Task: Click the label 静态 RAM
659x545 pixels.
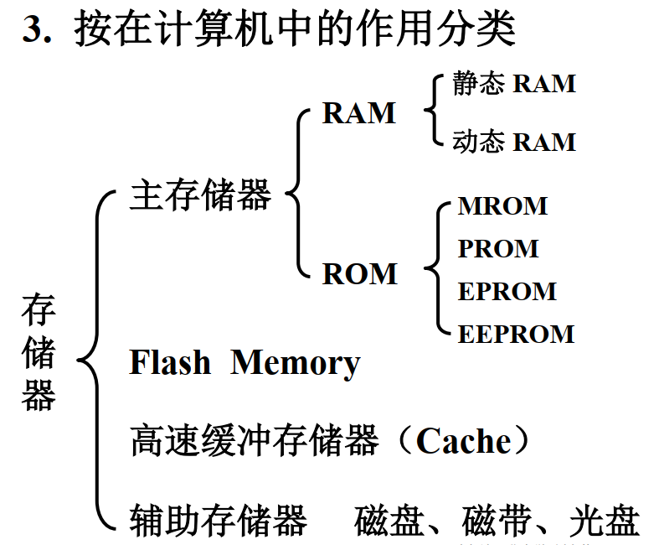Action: tap(514, 84)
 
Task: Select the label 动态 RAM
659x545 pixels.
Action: tap(514, 142)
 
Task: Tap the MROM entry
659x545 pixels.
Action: tap(502, 206)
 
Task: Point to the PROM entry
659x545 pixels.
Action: tap(498, 249)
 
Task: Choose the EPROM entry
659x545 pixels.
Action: tap(507, 292)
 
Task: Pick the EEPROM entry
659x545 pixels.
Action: tap(516, 335)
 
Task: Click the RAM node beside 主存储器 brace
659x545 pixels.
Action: tap(358, 113)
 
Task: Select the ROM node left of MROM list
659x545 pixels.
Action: tap(359, 274)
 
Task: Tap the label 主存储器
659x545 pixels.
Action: tap(200, 196)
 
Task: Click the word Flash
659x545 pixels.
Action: tap(170, 363)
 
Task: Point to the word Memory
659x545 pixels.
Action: tap(295, 363)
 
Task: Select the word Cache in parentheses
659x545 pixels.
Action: tap(463, 441)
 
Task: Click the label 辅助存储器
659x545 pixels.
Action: tap(218, 520)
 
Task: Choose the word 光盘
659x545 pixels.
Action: tap(605, 521)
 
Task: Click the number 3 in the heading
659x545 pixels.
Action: tap(32, 30)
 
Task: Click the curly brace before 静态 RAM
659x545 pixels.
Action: tap(433, 111)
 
